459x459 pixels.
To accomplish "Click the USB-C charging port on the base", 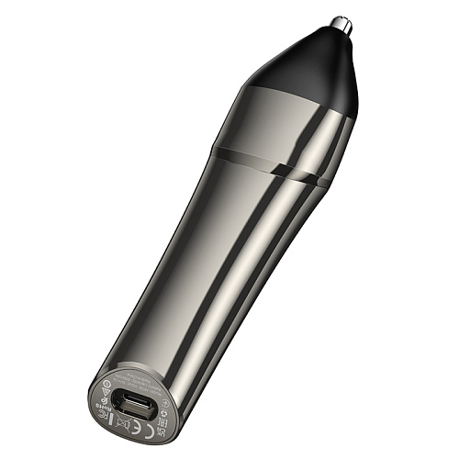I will click(x=135, y=405).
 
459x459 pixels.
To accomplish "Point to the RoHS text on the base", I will click(x=99, y=406).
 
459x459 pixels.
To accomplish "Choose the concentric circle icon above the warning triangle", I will click(x=106, y=383).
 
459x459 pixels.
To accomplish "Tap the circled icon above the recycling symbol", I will click(x=165, y=403).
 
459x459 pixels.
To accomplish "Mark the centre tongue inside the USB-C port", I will click(x=135, y=402).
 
